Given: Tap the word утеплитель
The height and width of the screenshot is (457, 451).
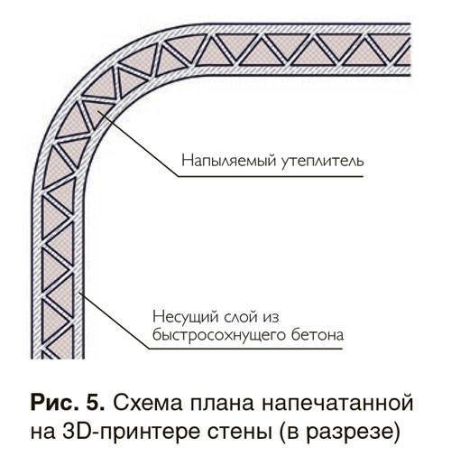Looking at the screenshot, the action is coord(323,161).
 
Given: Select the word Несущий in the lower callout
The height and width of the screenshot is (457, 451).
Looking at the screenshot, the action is coord(186,317).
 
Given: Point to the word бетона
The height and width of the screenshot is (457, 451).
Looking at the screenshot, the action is coord(318,335).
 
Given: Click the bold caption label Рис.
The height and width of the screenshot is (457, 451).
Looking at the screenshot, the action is coord(53,403).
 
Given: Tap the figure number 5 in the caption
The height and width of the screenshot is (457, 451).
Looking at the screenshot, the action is coord(95,403).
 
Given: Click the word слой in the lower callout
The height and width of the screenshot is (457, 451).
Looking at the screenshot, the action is coord(242,317).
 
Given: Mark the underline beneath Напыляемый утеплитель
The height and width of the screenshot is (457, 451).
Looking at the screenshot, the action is coord(271,176).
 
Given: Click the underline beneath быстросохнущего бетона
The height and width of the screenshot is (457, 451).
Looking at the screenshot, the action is coord(246,349).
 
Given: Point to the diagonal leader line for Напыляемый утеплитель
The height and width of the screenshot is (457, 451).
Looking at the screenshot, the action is coord(139,144).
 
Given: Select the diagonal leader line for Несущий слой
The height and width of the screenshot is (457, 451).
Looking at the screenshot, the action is coord(115,321).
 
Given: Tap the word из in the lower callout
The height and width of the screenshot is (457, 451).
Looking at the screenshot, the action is coord(272,318).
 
